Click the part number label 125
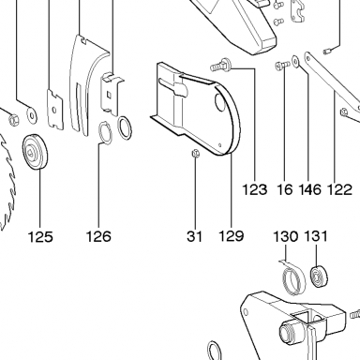pos(40,236)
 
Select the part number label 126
pos(98,236)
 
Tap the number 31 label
pos(195,236)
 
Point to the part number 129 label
pos(231,236)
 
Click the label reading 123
pos(255,189)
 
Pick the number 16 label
pos(285,189)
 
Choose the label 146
pos(310,189)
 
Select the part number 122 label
pos(339,189)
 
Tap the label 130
pos(286,236)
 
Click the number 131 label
pos(316,236)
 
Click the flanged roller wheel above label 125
pos(36,151)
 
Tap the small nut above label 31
pos(196,154)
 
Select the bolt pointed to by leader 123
pos(220,64)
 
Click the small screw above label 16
pos(283,66)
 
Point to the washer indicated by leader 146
pos(295,61)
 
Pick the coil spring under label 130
pos(292,277)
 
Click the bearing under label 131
pos(320,277)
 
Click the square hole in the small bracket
pos(110,94)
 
